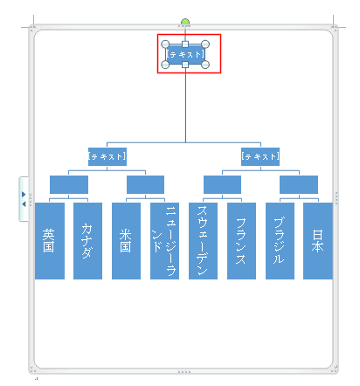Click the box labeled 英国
(x=50, y=241)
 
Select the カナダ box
(x=87, y=241)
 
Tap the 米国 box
(x=126, y=241)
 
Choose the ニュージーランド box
(x=164, y=241)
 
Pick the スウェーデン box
(x=203, y=241)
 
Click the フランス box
(x=241, y=241)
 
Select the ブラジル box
(x=280, y=241)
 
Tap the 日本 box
(x=318, y=241)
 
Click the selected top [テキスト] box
(x=185, y=54)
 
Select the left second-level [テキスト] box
(x=107, y=156)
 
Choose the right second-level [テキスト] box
(x=260, y=156)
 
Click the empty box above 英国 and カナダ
(x=69, y=184)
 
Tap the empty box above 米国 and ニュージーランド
(x=145, y=184)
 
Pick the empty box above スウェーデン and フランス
(x=222, y=184)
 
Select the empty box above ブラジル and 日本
(x=299, y=184)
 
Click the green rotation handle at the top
(x=185, y=22)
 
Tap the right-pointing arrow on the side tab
(x=24, y=194)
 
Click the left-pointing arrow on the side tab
(x=24, y=204)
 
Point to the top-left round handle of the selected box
(x=165, y=45)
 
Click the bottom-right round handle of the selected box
(x=205, y=65)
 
